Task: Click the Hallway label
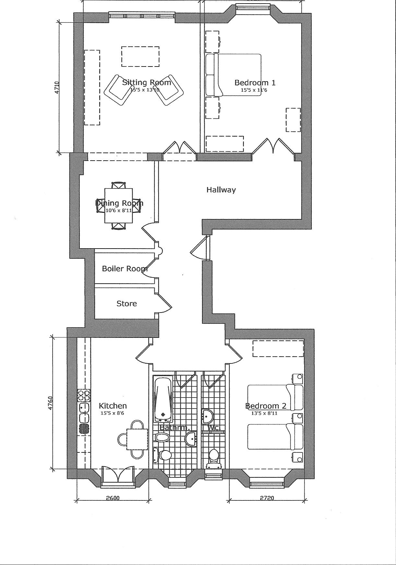tap(221, 190)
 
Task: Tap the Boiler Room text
tap(125, 269)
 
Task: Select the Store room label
tap(126, 303)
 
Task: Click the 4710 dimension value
tap(57, 88)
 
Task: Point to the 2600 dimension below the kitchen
tap(113, 498)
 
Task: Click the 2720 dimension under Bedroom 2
tap(267, 498)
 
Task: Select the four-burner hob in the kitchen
tap(84, 395)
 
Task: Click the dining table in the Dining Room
tap(119, 205)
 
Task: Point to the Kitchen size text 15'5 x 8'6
tap(113, 413)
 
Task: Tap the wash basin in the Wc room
tap(207, 416)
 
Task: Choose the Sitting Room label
tap(147, 82)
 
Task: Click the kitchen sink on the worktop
tap(84, 412)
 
